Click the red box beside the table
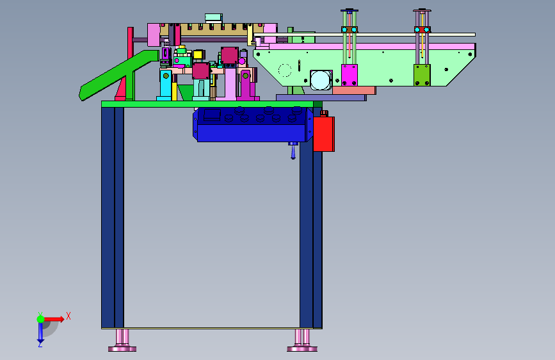click(324, 134)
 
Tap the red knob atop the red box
click(324, 113)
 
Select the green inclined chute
click(118, 75)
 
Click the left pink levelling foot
click(122, 341)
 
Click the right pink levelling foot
click(302, 341)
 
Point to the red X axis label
click(68, 316)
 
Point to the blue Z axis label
click(40, 344)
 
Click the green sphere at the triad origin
click(41, 319)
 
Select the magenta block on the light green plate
click(350, 75)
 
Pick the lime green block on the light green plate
click(422, 75)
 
